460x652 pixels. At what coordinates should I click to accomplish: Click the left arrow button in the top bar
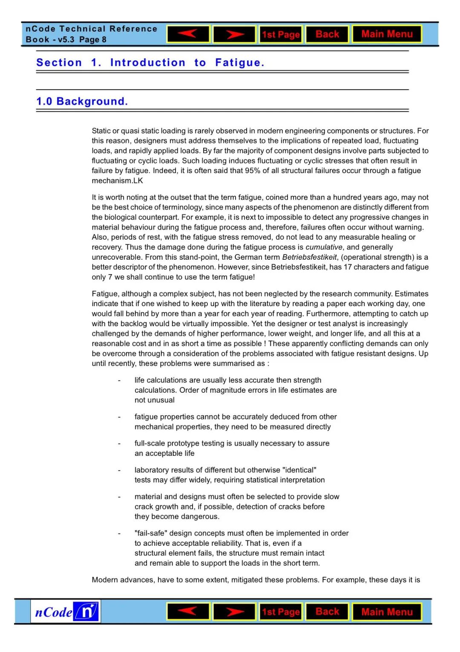188,34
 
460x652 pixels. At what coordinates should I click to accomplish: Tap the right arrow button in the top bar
234,34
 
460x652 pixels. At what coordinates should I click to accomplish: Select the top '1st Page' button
281,35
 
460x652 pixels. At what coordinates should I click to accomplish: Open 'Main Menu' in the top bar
387,34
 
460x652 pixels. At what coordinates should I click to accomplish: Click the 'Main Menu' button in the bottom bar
387,612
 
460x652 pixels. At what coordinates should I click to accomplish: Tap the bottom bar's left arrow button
188,611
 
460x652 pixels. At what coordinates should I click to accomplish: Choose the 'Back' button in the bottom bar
327,611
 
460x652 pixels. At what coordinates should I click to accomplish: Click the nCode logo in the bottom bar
66,612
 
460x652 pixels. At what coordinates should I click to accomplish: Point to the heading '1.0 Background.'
82,101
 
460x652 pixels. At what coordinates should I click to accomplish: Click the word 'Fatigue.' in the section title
239,63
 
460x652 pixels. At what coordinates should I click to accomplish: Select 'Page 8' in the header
92,40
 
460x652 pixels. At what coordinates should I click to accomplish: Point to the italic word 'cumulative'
324,247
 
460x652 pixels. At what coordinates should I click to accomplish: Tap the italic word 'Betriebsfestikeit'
309,257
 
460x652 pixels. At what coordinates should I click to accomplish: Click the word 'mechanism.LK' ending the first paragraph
117,181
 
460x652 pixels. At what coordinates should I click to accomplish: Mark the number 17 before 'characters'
348,267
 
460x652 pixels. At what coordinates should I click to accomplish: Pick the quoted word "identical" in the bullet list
299,470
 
